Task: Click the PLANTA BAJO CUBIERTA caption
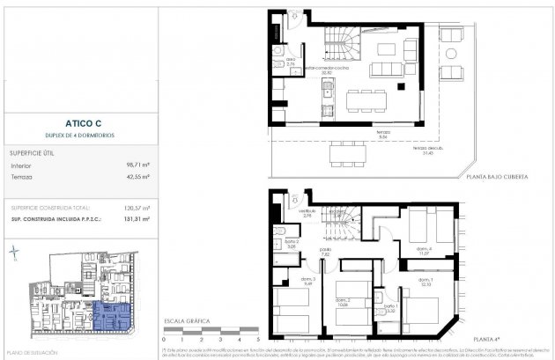(498, 177)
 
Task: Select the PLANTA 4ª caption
(511, 339)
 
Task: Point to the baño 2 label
(292, 244)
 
